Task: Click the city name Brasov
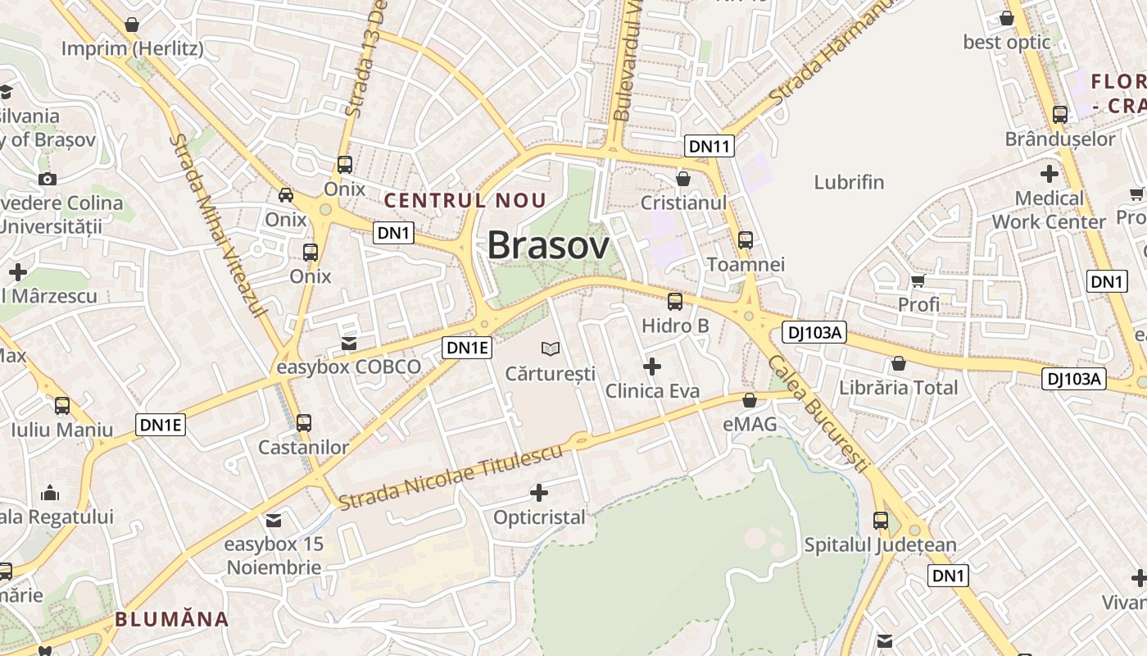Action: point(548,245)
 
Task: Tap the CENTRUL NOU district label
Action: point(465,200)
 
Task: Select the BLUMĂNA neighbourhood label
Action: point(172,619)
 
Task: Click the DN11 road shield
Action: point(710,147)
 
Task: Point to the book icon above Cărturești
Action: point(551,349)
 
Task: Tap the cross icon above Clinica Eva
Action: point(652,366)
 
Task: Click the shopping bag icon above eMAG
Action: point(749,400)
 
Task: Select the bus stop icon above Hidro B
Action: point(675,302)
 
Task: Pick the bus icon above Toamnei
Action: point(746,240)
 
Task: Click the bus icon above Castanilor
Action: point(304,423)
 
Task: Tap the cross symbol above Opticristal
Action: point(539,493)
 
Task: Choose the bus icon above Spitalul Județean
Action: point(881,520)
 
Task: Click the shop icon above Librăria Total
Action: point(899,363)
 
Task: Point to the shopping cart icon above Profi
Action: point(918,281)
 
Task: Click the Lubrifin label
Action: point(849,182)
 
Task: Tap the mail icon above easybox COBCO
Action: point(349,343)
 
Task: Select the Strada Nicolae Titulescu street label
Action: point(451,476)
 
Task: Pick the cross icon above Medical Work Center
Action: point(1049,174)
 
